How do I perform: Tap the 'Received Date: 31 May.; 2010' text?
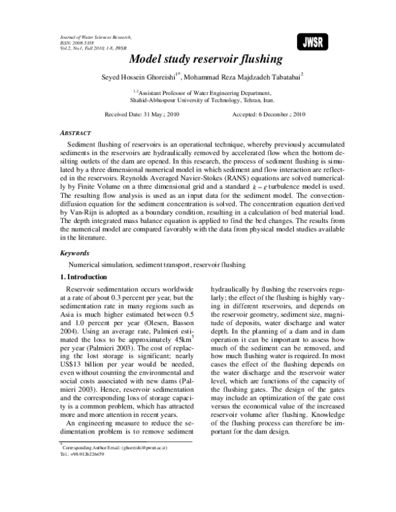[142, 114]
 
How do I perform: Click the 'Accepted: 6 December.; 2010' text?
[269, 114]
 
